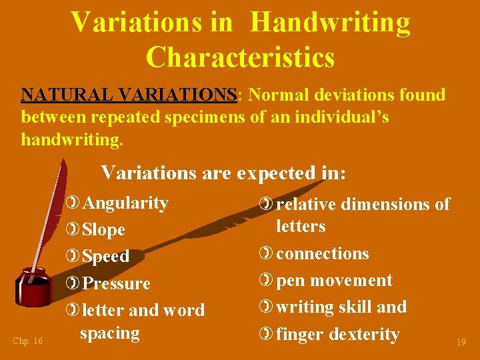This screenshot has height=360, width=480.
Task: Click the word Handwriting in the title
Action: [x=331, y=22]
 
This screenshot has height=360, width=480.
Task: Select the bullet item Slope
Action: [x=103, y=229]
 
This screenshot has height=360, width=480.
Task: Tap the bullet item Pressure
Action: [x=116, y=283]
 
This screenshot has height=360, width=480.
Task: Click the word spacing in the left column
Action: [x=109, y=333]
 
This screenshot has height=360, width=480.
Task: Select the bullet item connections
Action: [x=322, y=253]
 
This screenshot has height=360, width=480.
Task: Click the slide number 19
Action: [x=461, y=342]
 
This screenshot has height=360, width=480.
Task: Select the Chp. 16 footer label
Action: [x=27, y=341]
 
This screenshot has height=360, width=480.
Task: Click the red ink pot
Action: [x=34, y=287]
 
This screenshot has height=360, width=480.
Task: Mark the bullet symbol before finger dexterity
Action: [x=267, y=334]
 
